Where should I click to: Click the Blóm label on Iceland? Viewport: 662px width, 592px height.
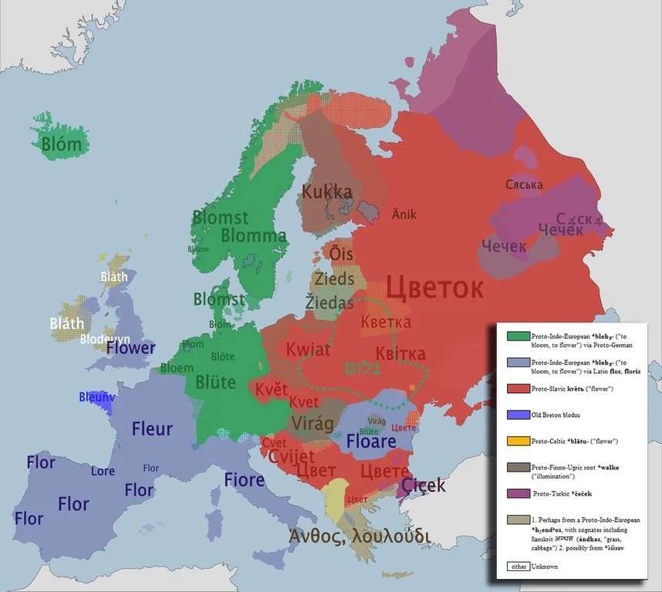(x=61, y=144)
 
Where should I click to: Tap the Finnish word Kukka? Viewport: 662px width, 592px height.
(x=326, y=191)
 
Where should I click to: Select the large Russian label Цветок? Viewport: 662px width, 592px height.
(x=435, y=288)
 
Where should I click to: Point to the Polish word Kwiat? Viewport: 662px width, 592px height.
(x=308, y=350)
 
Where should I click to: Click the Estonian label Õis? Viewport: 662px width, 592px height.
(x=341, y=254)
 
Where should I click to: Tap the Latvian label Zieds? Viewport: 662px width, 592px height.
(x=334, y=279)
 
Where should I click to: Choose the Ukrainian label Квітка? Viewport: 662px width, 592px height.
(x=400, y=354)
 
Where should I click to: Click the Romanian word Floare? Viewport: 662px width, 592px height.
(x=371, y=442)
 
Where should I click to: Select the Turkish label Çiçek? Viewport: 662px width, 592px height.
(x=424, y=485)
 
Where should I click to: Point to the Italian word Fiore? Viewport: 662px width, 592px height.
(x=245, y=479)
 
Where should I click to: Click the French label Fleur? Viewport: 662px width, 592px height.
(x=152, y=429)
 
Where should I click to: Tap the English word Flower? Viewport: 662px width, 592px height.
(x=130, y=347)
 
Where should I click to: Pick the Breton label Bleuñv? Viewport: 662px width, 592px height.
(x=96, y=397)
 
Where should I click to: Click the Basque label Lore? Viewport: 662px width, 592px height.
(x=103, y=471)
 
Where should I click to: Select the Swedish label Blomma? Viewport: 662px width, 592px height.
(x=254, y=235)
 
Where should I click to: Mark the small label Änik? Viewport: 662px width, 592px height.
(x=404, y=214)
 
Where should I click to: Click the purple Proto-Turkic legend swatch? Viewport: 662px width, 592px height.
(x=518, y=492)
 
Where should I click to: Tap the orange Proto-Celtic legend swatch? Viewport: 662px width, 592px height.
(x=518, y=441)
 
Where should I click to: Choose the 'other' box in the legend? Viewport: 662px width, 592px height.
(x=518, y=567)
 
